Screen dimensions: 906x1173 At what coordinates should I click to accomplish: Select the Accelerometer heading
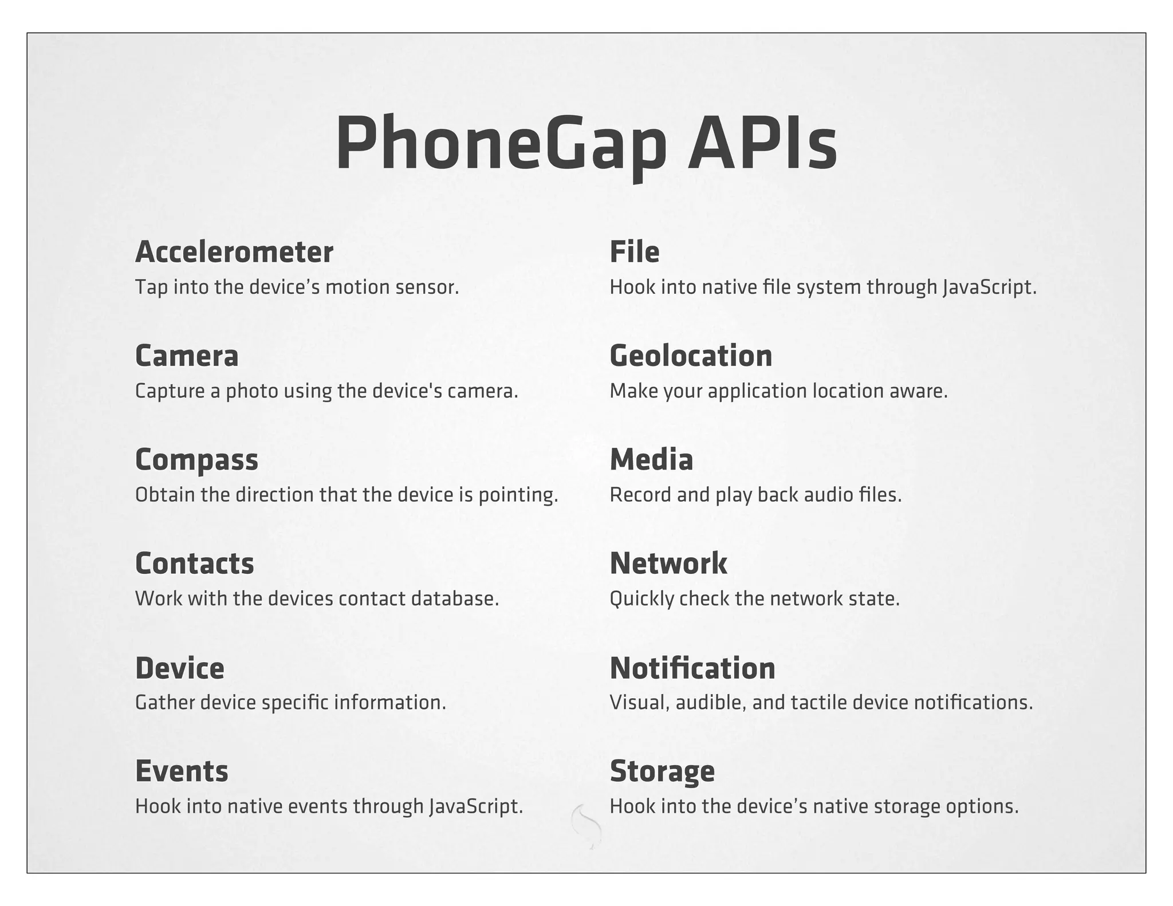[x=234, y=252]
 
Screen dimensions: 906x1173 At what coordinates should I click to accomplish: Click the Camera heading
[x=187, y=356]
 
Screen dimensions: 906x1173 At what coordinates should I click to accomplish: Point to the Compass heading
[x=196, y=460]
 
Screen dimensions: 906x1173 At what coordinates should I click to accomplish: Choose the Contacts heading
[x=194, y=564]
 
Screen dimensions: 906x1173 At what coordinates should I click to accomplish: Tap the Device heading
[x=180, y=668]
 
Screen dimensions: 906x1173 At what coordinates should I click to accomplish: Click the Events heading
[x=182, y=771]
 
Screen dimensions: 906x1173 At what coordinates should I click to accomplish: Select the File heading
[x=634, y=252]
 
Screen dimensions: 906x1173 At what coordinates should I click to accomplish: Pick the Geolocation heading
[x=691, y=356]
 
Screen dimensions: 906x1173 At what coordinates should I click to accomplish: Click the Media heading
[x=651, y=460]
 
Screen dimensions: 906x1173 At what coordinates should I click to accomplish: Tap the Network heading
[x=668, y=564]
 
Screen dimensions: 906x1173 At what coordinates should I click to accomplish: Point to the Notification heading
[x=692, y=668]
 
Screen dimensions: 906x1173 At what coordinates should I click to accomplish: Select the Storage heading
[x=662, y=771]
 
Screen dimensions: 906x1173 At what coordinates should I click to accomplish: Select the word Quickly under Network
[x=641, y=599]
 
